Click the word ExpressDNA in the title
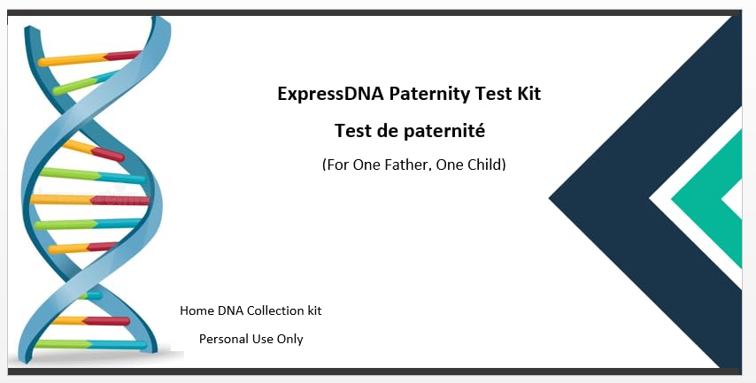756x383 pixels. click(x=331, y=94)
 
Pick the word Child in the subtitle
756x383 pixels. click(x=487, y=165)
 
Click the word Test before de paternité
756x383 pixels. click(x=354, y=131)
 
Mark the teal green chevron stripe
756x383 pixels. click(x=694, y=198)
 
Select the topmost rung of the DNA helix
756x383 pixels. click(x=89, y=57)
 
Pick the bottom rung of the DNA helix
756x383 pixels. click(x=90, y=344)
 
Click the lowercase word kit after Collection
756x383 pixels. click(x=315, y=310)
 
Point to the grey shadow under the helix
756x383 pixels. click(x=96, y=357)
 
